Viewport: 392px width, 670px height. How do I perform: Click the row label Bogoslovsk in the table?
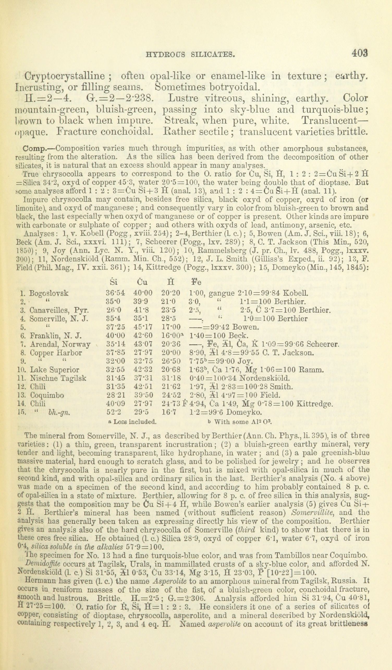[x=49, y=294]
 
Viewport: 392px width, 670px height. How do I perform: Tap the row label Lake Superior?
[x=54, y=370]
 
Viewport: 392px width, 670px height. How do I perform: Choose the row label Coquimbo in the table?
[x=47, y=396]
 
